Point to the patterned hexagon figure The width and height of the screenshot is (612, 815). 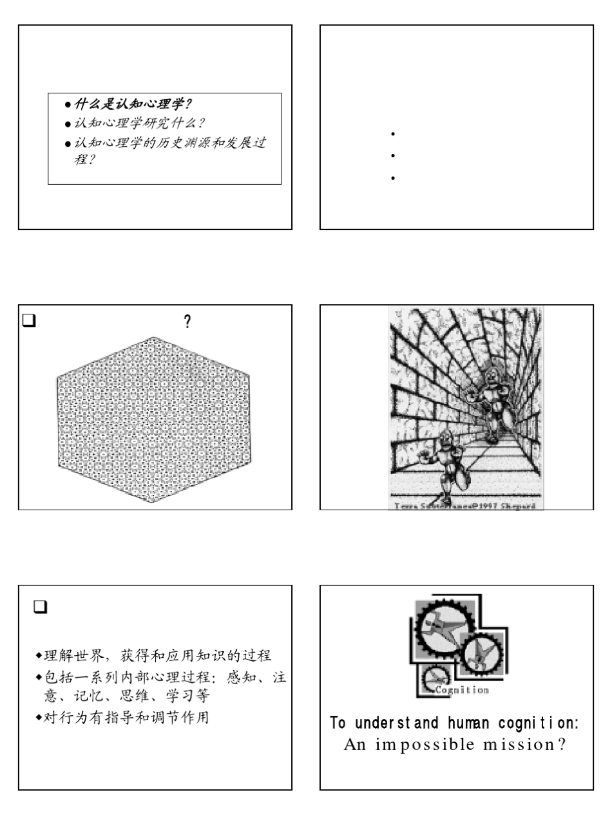[153, 419]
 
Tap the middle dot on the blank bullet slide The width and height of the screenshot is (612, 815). [392, 156]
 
